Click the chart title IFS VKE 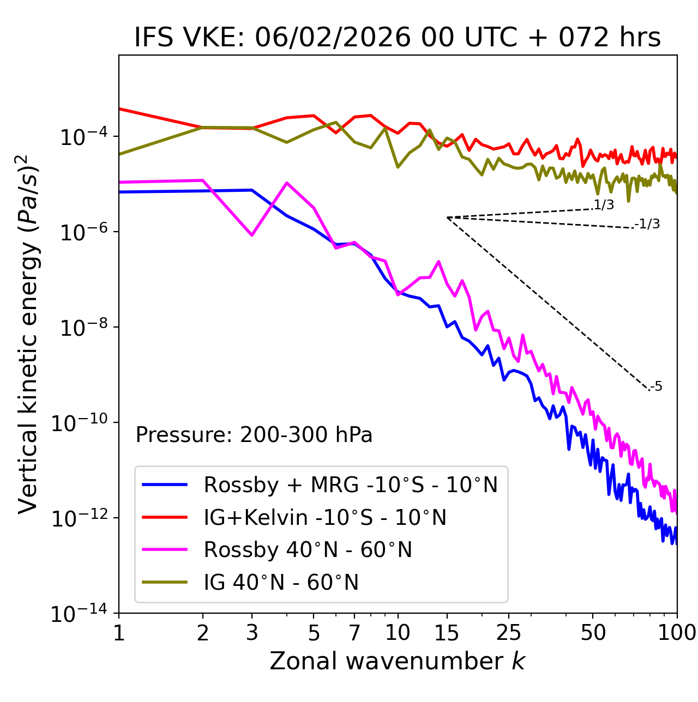[x=398, y=38]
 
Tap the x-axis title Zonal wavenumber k [x=398, y=661]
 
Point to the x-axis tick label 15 [x=447, y=633]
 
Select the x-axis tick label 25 [x=509, y=633]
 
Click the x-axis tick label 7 [x=354, y=633]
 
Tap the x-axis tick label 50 [x=593, y=633]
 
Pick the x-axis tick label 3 [x=252, y=633]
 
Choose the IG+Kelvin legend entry [x=325, y=517]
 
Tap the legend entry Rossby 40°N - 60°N [x=308, y=550]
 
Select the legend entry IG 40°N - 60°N [x=281, y=583]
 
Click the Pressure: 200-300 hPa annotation [x=254, y=435]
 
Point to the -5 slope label [x=656, y=387]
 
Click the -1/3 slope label [x=647, y=224]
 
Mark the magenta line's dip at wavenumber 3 [x=252, y=235]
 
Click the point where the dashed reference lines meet [x=447, y=217]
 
